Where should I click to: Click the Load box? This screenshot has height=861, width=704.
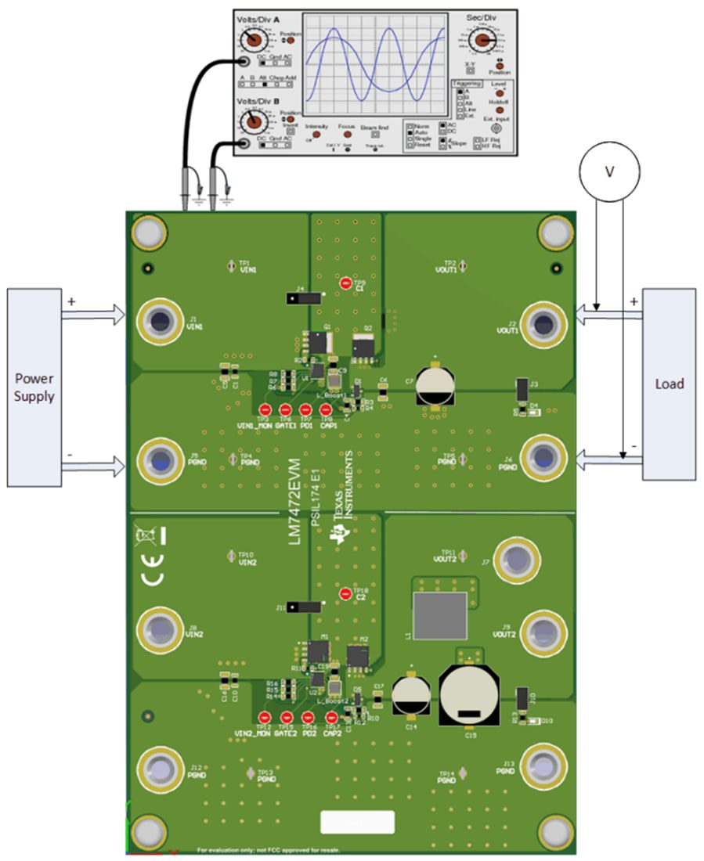pyautogui.click(x=668, y=384)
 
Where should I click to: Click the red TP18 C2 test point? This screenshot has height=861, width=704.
pyautogui.click(x=346, y=593)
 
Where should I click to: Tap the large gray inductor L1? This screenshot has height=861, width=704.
pyautogui.click(x=439, y=615)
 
